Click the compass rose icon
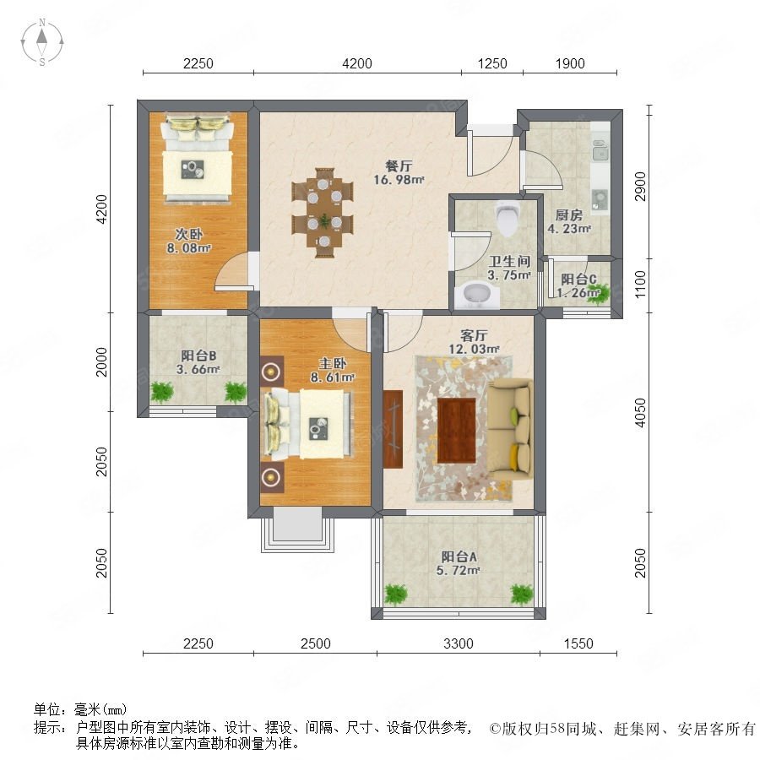pos(42,42)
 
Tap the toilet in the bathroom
pos(508,219)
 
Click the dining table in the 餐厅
pos(323,213)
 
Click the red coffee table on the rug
pos(457,431)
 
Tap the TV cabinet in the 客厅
pos(393,428)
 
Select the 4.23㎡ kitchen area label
pos(569,228)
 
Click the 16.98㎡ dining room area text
pos(399,180)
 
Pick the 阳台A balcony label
pos(459,557)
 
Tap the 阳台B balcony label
pos(198,356)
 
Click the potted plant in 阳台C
pos(596,293)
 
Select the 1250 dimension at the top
pos(492,63)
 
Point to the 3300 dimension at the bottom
pos(458,643)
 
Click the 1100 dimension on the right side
pos(640,285)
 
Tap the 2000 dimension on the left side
pos(101,361)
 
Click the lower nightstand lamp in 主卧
pos(271,477)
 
